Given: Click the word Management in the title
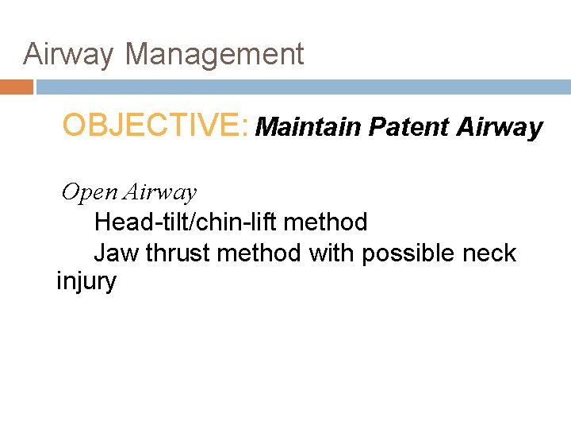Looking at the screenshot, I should click(x=214, y=55).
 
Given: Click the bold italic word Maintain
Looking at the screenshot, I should click(x=309, y=127).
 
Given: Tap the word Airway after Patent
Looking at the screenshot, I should click(x=500, y=127).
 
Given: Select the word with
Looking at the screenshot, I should click(x=331, y=253).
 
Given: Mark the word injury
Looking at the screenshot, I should click(x=86, y=282).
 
